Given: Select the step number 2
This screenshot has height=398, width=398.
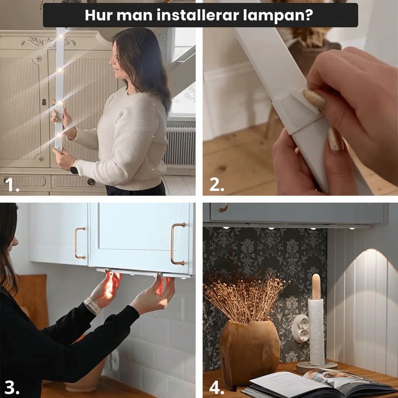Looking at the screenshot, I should [216, 185].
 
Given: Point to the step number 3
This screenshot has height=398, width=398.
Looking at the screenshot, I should [12, 387].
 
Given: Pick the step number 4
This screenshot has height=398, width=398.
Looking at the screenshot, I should [216, 387].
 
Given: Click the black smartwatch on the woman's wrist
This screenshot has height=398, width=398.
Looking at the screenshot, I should [74, 169].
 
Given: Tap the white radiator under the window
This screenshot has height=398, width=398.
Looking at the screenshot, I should [180, 148].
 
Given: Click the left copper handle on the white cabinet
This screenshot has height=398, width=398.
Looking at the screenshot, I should [80, 243].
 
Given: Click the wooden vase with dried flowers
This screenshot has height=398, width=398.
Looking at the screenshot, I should [249, 352].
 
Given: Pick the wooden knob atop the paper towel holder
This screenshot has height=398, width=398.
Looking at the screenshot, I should [316, 286].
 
